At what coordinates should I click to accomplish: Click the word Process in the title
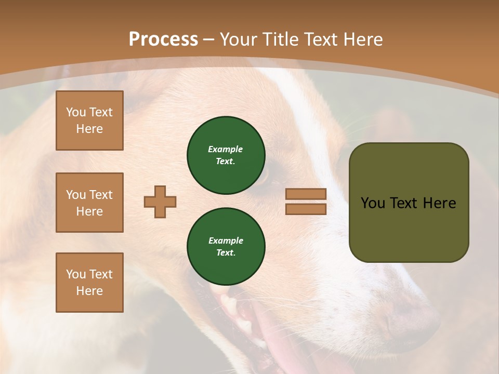pos(163,39)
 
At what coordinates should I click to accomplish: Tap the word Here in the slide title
pos(362,39)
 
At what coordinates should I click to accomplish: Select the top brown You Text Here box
pos(89,121)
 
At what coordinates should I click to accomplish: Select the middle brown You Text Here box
pos(89,203)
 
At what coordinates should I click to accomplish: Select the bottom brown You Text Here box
pos(89,283)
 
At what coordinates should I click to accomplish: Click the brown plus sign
pos(160,202)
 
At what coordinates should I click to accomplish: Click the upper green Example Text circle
pos(226,155)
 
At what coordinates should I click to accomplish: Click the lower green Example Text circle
pos(226,246)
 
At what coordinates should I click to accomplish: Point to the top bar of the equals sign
pos(306,194)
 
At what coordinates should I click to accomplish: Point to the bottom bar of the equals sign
pos(306,209)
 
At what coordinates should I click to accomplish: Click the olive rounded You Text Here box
pos(409,229)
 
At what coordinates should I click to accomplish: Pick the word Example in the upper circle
pos(226,149)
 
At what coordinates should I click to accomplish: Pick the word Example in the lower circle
pos(226,241)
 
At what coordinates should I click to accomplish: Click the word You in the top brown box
pos(76,112)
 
